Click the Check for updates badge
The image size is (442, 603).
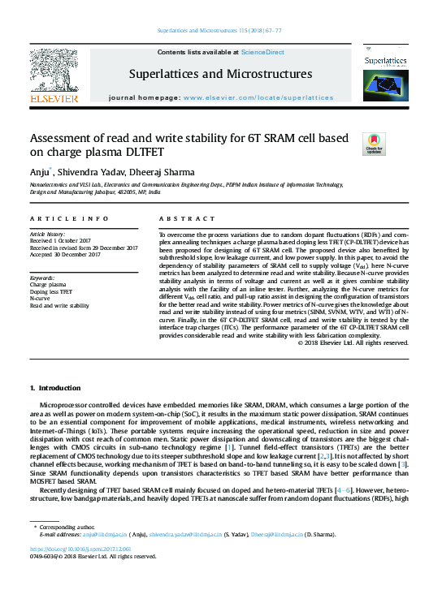(373, 144)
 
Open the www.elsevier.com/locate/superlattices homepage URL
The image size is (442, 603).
(258, 97)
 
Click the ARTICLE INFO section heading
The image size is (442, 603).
(69, 219)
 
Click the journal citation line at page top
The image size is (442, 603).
(219, 31)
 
